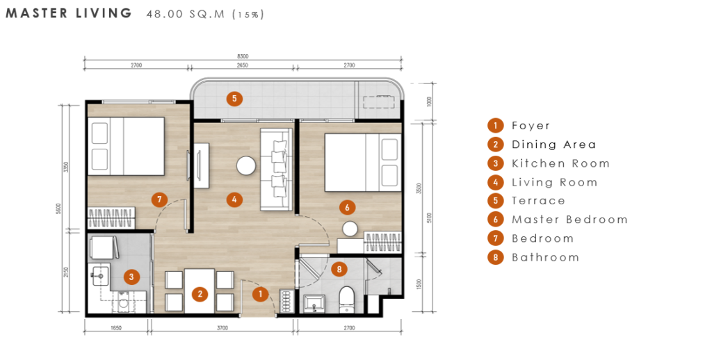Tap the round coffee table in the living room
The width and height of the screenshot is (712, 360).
pos(246,165)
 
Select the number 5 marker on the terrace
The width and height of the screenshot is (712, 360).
pos(234,99)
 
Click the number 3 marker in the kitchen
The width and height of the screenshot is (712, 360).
pos(131,277)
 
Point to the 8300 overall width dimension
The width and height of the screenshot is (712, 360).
pos(243,56)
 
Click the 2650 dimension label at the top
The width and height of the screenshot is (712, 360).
pos(243,65)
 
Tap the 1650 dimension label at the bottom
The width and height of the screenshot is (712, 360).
pos(116,328)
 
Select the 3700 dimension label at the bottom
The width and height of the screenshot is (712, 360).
pos(222,328)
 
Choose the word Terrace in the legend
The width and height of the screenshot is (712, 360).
pos(538,201)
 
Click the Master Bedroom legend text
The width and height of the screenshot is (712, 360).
pos(569,220)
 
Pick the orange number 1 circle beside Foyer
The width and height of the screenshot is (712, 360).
pos(495,126)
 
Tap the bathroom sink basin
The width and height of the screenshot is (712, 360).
pos(314,303)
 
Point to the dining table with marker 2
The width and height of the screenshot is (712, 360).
pos(200,291)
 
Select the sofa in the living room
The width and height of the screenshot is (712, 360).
pos(276,170)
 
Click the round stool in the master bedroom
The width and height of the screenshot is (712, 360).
pos(350,229)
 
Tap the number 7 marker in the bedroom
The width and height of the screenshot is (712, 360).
pos(159,199)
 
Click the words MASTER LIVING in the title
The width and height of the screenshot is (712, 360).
pos(69,13)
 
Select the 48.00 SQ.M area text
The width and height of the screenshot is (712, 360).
pos(186,14)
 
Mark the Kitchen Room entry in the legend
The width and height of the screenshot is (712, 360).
pos(560,163)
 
